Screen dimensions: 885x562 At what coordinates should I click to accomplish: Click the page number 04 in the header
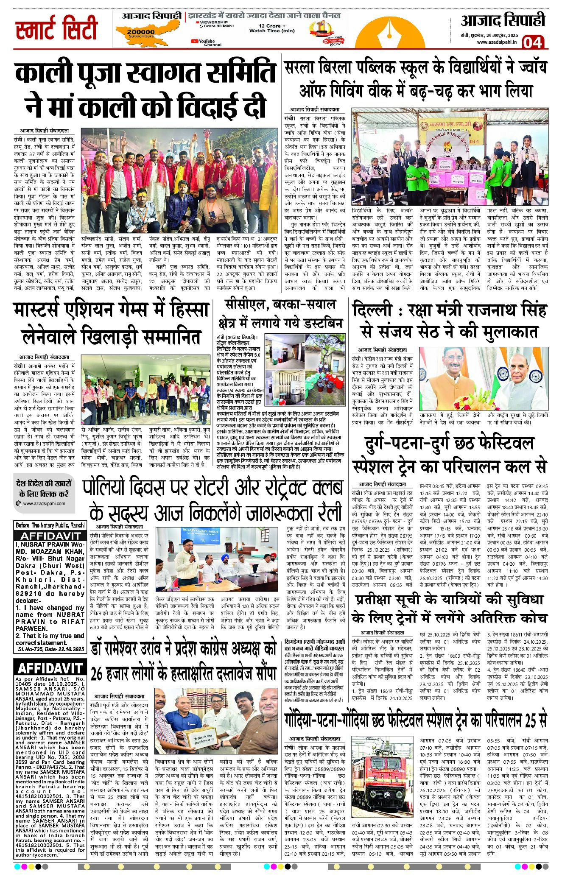click(x=533, y=42)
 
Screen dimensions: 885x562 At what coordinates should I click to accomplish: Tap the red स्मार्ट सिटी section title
click(x=56, y=29)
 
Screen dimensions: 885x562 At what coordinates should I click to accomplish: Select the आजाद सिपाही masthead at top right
click(x=503, y=21)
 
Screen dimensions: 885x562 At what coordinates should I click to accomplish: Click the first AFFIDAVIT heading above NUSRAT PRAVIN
click(x=50, y=536)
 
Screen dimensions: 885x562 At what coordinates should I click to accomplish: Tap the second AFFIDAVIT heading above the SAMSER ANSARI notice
click(x=50, y=668)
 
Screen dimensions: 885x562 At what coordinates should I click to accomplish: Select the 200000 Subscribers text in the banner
click(x=141, y=33)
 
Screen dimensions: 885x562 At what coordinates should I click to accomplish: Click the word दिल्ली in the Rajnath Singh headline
click(x=372, y=310)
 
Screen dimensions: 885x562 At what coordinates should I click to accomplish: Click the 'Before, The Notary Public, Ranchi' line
click(x=50, y=525)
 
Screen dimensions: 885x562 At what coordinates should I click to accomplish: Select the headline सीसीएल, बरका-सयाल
click(x=280, y=304)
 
